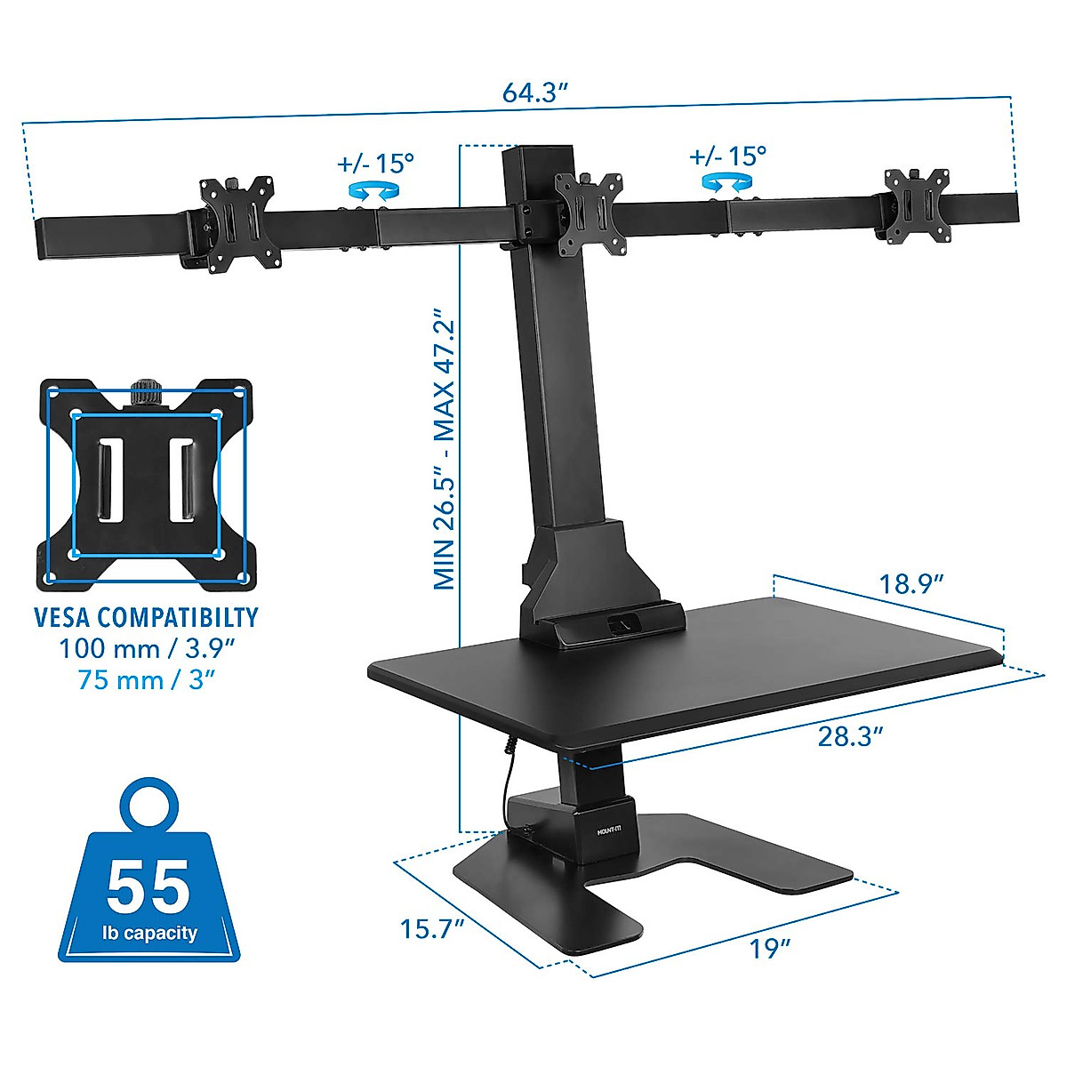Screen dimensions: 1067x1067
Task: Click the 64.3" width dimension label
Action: [x=534, y=92]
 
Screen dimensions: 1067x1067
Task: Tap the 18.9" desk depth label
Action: [x=911, y=584]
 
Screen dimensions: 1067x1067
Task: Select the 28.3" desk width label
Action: [x=850, y=736]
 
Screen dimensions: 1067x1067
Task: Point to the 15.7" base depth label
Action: [x=432, y=929]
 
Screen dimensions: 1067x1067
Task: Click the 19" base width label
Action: [x=769, y=949]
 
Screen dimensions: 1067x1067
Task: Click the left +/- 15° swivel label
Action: [x=376, y=164]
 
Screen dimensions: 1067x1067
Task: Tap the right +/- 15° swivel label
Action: [x=727, y=156]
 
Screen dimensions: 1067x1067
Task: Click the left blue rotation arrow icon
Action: [x=373, y=189]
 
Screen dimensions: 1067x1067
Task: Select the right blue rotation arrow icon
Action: [x=726, y=181]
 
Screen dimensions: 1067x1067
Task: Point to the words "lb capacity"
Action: [x=148, y=933]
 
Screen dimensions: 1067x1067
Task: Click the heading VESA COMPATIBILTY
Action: [x=146, y=617]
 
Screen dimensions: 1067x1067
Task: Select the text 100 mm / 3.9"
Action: [x=146, y=648]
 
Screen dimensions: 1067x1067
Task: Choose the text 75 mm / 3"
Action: [x=146, y=680]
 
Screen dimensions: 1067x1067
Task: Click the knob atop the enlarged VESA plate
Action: [x=145, y=392]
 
